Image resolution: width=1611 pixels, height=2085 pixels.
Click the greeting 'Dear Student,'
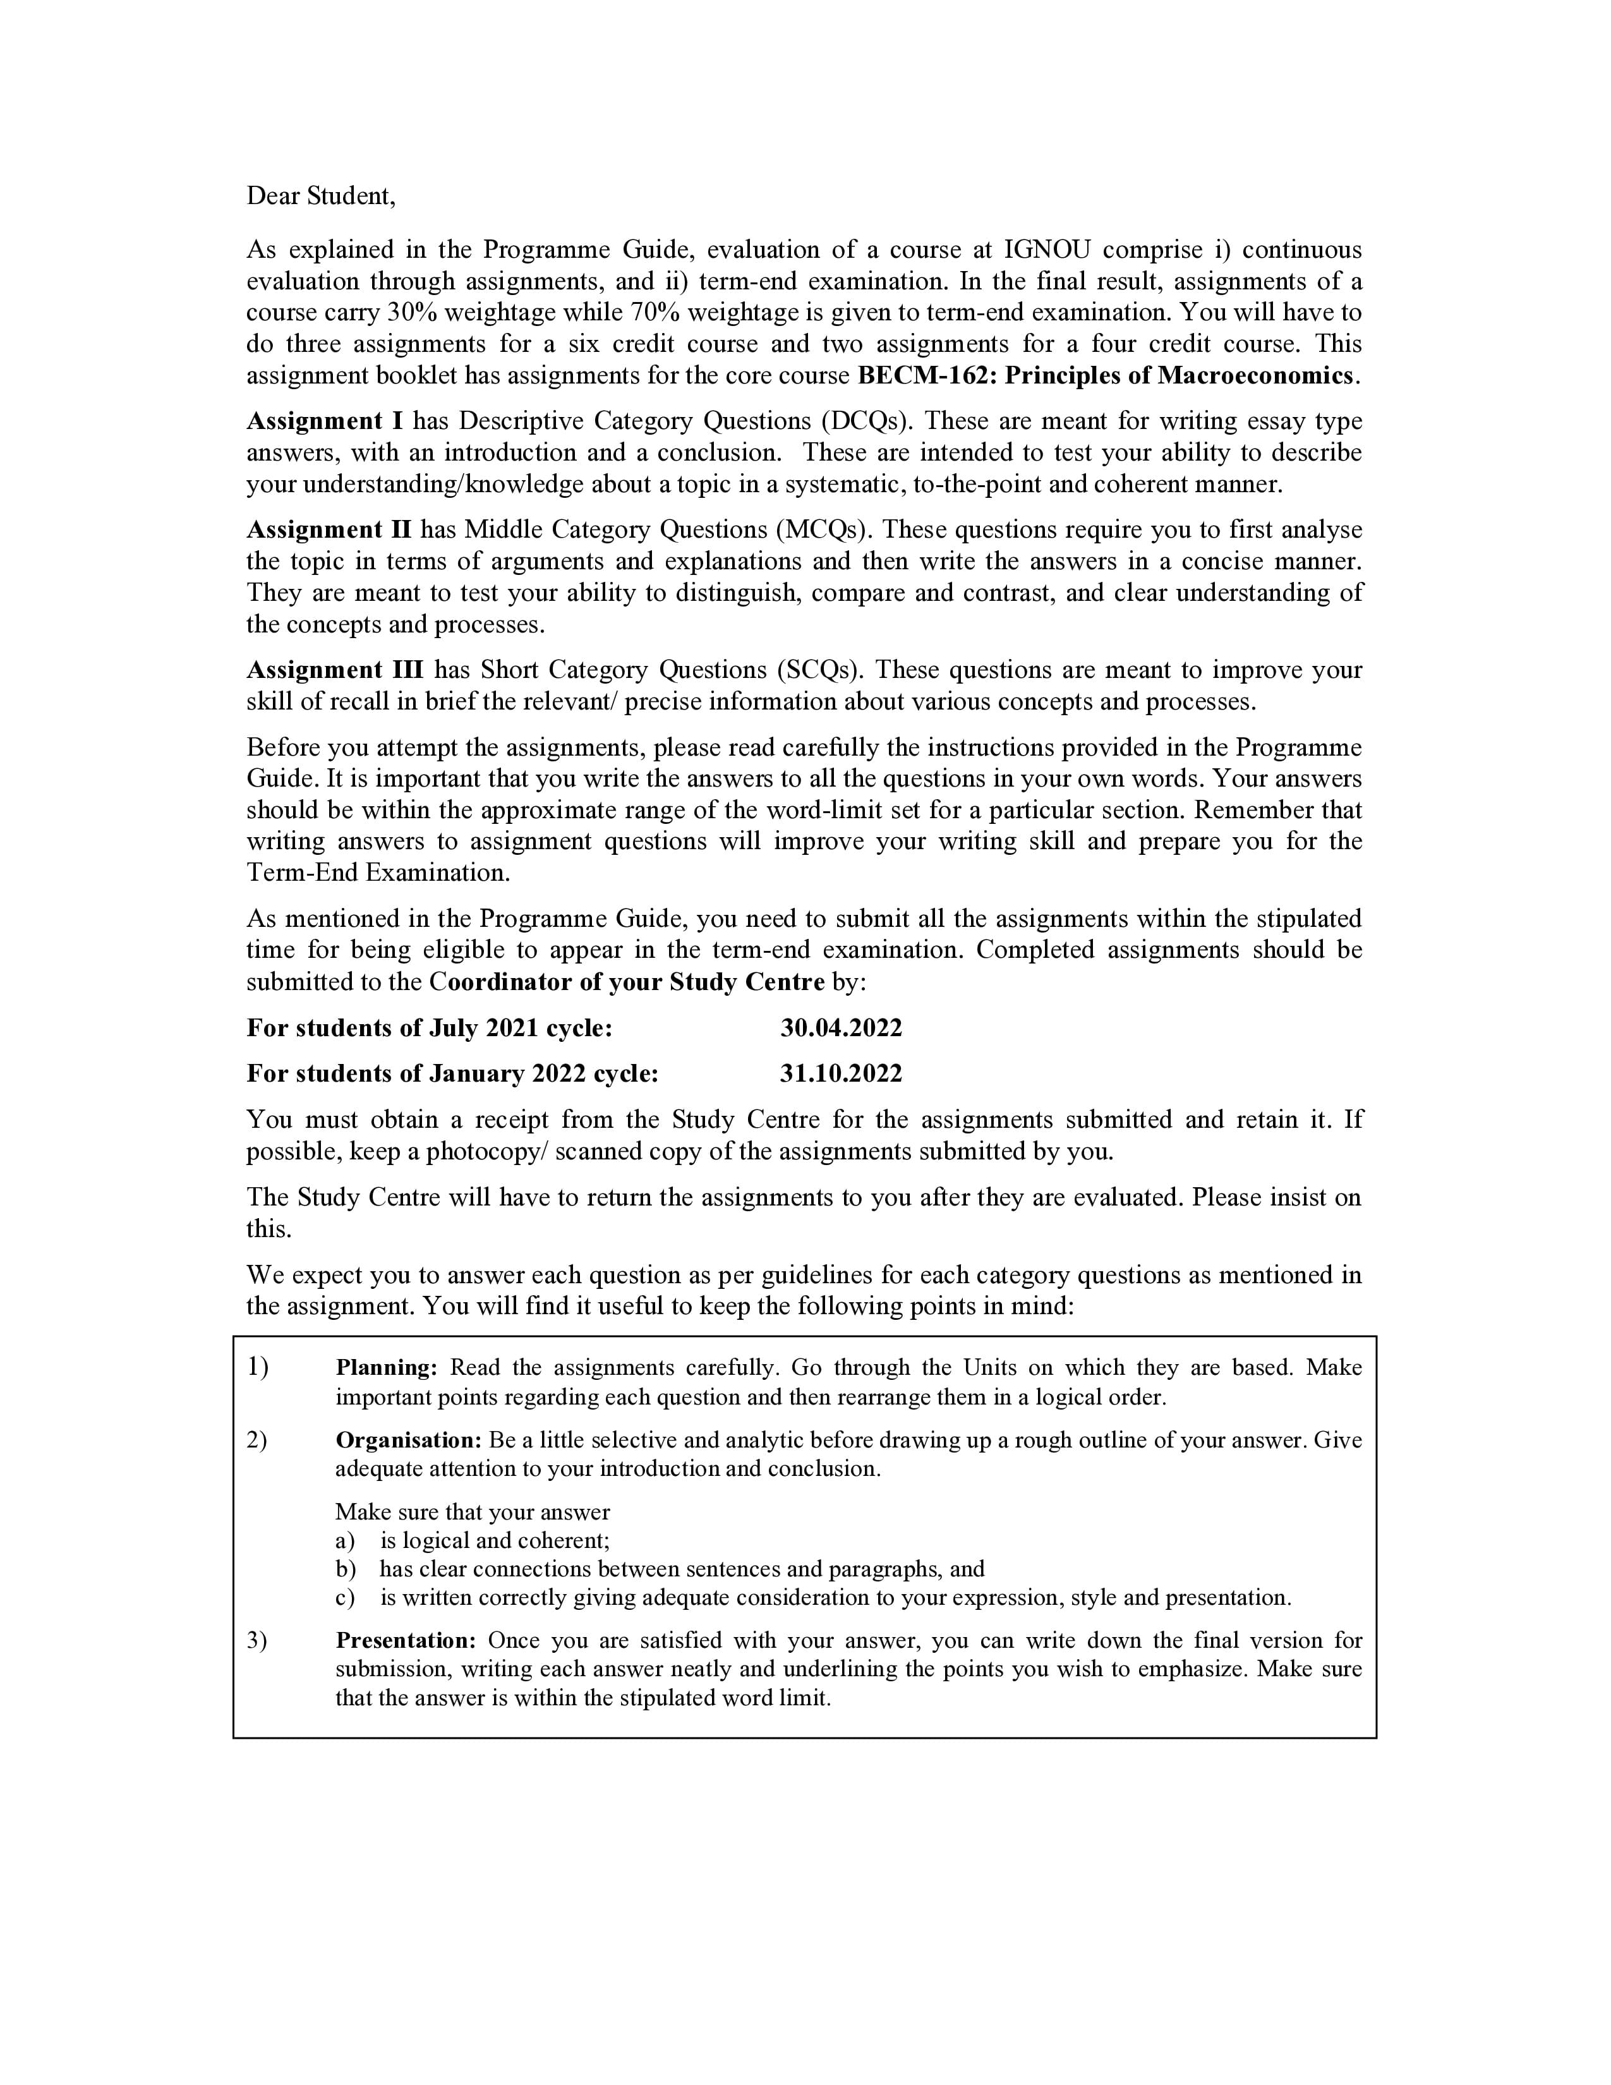click(320, 196)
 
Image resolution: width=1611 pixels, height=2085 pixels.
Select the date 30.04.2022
click(840, 1028)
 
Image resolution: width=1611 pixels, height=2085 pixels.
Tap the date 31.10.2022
click(840, 1074)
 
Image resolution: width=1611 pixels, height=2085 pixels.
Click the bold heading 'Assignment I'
click(325, 421)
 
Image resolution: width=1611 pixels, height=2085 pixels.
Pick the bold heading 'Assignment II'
click(329, 530)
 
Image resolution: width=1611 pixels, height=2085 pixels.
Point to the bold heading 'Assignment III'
click(334, 670)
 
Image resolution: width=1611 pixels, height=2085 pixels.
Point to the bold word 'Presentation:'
click(405, 1641)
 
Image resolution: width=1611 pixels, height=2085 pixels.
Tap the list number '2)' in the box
click(256, 1441)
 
